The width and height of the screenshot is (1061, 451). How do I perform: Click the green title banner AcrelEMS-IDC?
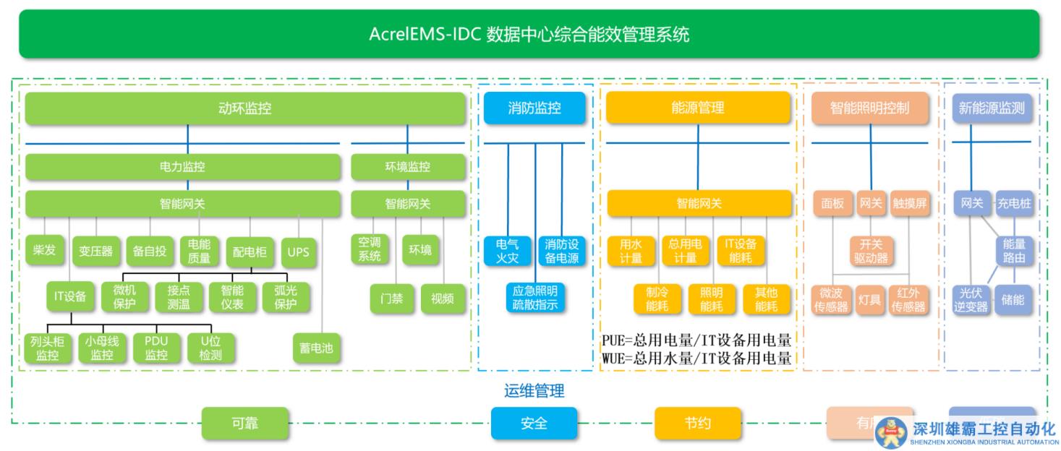(x=529, y=34)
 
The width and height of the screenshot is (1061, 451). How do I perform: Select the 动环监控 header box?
(x=245, y=108)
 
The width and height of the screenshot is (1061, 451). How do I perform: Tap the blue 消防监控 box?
(x=534, y=108)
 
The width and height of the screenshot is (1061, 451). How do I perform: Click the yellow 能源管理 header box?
(x=698, y=108)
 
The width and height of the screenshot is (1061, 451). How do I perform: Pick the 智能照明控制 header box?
(x=869, y=108)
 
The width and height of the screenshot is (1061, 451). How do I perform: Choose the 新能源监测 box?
(x=991, y=108)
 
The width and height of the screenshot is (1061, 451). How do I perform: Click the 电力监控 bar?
(x=182, y=167)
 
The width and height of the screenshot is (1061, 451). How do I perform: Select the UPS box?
(x=298, y=252)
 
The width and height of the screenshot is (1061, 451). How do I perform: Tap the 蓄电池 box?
(x=316, y=348)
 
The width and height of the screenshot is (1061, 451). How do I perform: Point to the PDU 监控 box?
(x=156, y=348)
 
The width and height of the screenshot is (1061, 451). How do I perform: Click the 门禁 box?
(x=391, y=298)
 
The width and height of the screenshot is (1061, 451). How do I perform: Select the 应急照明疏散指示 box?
(x=534, y=298)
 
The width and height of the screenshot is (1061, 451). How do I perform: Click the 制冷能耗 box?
(x=657, y=299)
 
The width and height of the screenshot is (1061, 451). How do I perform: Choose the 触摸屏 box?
(x=909, y=204)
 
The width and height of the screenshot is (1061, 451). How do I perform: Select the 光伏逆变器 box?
(x=969, y=299)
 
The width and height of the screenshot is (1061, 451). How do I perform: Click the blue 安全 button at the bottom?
(x=534, y=424)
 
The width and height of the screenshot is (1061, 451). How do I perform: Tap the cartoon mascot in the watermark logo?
(x=891, y=432)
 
